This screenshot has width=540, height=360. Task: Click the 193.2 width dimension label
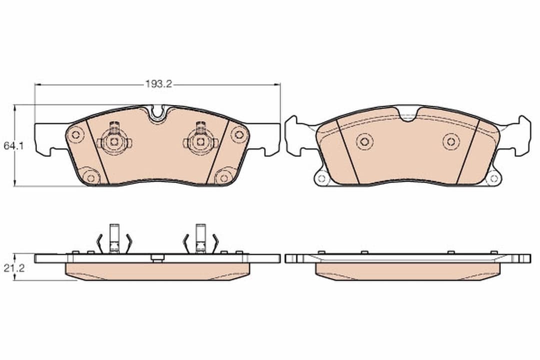[158, 84]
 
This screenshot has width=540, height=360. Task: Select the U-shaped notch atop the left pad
[157, 113]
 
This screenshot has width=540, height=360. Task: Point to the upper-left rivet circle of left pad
[75, 134]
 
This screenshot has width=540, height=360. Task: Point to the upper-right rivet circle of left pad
[239, 134]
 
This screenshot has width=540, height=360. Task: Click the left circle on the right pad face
[364, 141]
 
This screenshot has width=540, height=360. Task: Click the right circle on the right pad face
[451, 141]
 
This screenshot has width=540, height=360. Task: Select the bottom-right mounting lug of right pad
[493, 177]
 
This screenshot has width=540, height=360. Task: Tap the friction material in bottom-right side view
[407, 271]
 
